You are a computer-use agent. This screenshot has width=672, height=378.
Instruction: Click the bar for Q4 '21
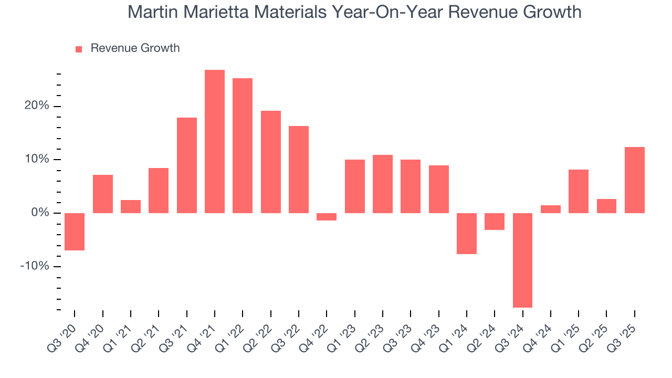[215, 141]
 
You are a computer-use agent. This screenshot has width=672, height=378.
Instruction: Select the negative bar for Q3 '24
[522, 260]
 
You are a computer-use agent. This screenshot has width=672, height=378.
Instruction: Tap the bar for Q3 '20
[75, 232]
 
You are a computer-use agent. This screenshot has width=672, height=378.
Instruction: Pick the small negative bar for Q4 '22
[327, 216]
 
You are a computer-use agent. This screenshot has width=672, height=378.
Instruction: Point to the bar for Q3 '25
[634, 180]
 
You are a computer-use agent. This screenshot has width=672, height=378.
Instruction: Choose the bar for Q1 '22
[243, 145]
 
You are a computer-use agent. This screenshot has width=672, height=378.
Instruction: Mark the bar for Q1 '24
[467, 233]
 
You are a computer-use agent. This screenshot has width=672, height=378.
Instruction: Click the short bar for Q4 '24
[551, 209]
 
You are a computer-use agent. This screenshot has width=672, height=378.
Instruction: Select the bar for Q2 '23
[383, 184]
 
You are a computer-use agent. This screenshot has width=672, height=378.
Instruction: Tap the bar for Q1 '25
[579, 191]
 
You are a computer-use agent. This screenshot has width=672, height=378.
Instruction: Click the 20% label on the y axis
[37, 106]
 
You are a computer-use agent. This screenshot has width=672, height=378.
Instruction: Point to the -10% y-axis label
[35, 266]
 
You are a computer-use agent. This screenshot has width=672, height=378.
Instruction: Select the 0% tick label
[40, 213]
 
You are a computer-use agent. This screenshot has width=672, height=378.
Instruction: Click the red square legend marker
[79, 49]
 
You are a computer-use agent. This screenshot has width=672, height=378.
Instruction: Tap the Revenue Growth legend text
[135, 48]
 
